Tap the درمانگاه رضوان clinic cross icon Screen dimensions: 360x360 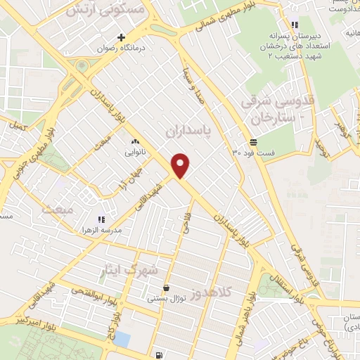[x=122, y=37]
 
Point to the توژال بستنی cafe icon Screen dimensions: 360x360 [x=165, y=288]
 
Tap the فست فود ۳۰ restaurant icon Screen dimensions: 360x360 [x=253, y=141]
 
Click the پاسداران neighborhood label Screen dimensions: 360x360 [x=188, y=131]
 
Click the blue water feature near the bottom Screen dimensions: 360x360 [x=121, y=339]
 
